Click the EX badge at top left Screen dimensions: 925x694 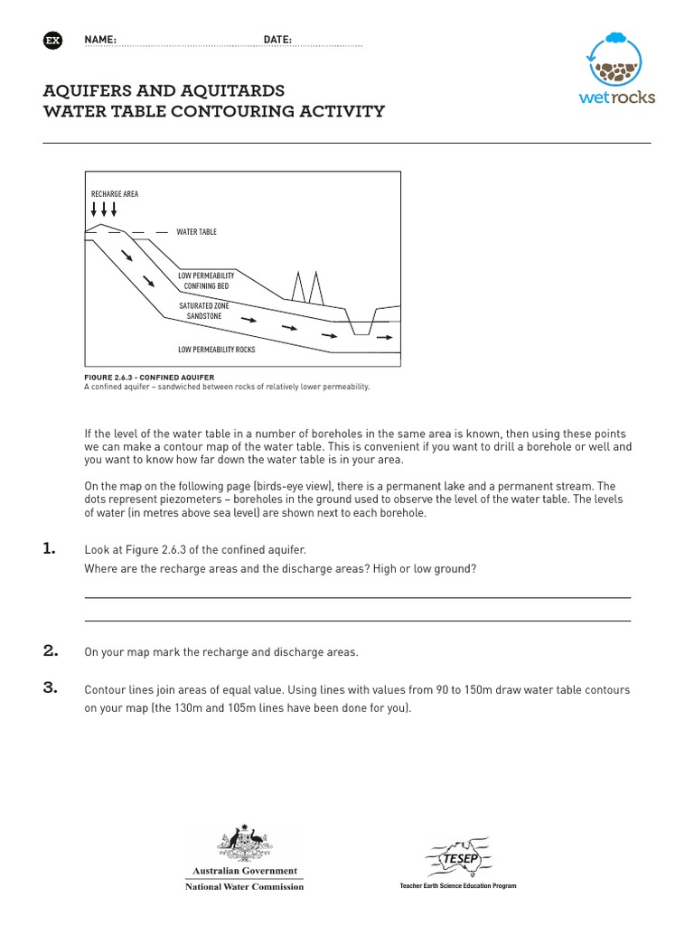52,41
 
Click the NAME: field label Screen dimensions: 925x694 100,41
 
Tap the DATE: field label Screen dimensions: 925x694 277,41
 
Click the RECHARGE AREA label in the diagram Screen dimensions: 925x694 115,194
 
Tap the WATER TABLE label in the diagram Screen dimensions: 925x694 196,232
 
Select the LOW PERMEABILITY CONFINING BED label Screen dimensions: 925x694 206,280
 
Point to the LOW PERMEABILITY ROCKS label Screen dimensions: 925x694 217,349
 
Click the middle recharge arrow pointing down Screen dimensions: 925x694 103,209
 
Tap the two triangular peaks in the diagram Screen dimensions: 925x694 306,286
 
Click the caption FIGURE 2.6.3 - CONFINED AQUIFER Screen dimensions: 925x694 149,378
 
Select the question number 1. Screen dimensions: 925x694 50,548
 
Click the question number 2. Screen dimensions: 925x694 51,650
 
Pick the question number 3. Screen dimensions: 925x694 51,688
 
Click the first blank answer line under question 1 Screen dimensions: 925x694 357,597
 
